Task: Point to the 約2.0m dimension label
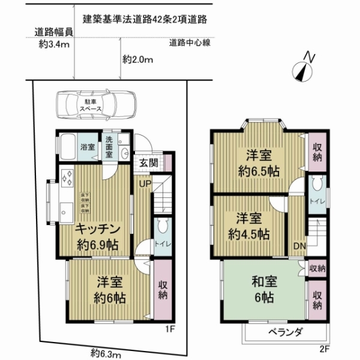(138, 59)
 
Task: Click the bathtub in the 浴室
(68, 146)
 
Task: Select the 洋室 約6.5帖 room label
(256, 162)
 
